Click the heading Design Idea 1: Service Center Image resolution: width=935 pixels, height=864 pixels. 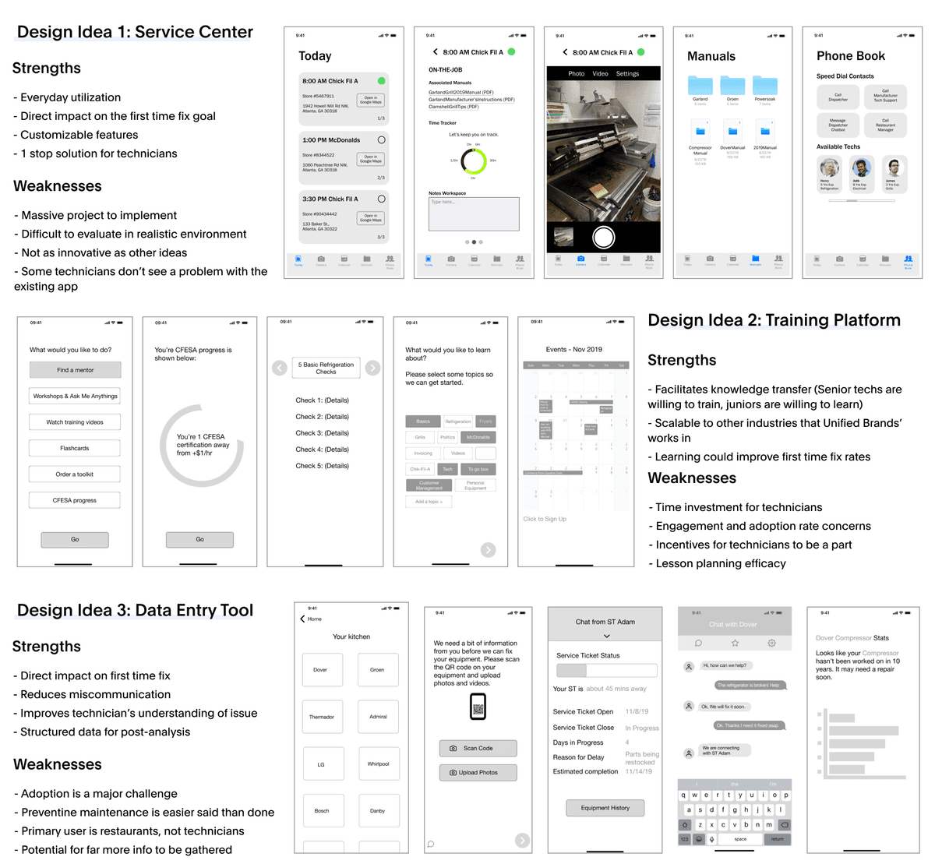[135, 32]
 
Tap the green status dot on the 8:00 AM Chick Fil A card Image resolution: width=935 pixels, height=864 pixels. [381, 81]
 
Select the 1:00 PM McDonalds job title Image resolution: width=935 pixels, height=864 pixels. [331, 140]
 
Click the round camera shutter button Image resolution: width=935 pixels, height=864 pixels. [603, 237]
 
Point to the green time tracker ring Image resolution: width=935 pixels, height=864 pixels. [474, 161]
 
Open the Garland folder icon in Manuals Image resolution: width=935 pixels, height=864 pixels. [700, 86]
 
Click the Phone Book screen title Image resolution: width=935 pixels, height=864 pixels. [851, 56]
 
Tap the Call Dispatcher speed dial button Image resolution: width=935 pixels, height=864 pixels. [838, 97]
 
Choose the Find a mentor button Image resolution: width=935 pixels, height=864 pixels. [75, 370]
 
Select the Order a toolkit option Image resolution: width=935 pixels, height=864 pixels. [75, 474]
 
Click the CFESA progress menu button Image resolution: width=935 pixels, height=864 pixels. [75, 500]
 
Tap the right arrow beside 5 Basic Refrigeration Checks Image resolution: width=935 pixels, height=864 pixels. [373, 368]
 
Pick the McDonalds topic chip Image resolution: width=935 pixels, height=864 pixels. [478, 437]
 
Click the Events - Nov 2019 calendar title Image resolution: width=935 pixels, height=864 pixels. [574, 350]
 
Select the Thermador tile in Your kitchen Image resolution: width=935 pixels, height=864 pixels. [322, 717]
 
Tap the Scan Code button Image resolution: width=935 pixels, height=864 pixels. [478, 748]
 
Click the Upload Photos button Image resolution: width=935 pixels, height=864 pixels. [478, 772]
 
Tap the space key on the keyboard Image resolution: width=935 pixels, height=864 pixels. [740, 839]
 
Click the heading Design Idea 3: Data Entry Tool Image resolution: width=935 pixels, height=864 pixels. [135, 610]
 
